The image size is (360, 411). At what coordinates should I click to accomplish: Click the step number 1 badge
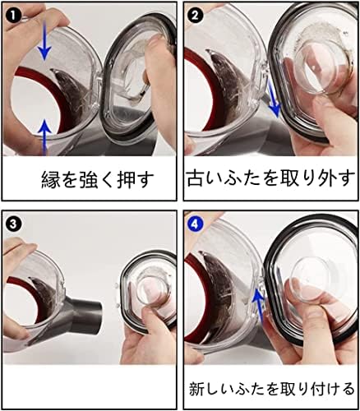pos(13,16)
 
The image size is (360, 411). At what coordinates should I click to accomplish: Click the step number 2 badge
pos(195,16)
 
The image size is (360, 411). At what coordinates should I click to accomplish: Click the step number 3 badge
pos(13,224)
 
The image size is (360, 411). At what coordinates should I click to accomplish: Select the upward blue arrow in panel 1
pos(45,138)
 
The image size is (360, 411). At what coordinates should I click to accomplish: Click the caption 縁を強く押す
pos(98,179)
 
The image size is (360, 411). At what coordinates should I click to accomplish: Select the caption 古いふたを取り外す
pos(270,179)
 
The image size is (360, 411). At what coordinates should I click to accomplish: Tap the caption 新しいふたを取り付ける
pos(272,389)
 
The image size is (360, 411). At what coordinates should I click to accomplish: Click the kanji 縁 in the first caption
pos(50,180)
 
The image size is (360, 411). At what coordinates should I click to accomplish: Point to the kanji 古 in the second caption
pos(196,179)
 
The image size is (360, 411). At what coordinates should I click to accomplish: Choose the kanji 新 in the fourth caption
pos(197,389)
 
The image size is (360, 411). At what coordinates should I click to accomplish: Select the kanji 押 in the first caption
pos(126,180)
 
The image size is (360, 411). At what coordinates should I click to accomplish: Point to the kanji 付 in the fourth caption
pos(306,389)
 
